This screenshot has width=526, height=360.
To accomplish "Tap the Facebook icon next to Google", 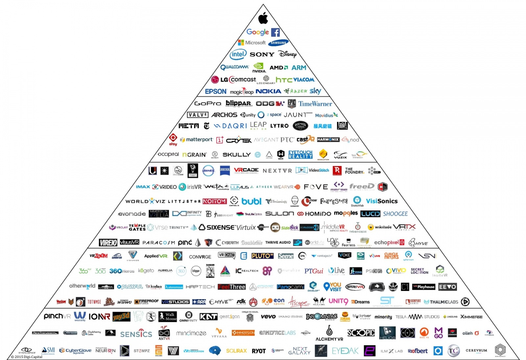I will point(275,32).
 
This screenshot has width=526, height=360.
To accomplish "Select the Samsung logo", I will point(278,43).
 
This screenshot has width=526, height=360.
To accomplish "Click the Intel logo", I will point(238,55).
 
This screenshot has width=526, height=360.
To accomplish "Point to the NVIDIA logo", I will point(259,68).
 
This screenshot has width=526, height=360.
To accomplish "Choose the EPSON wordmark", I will point(216,91).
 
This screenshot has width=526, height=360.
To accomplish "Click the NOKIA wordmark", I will point(268,91).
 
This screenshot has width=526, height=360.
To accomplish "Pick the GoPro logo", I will point(207,104).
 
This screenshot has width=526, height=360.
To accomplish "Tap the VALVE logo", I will point(198,115).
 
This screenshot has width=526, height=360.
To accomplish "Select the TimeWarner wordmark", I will point(315,104).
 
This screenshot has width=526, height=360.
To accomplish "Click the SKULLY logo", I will point(236,155).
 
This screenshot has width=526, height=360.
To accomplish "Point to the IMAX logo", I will point(143,187).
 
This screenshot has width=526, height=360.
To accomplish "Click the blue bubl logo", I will point(251,201).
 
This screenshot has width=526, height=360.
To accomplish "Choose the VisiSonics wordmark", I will point(382,201).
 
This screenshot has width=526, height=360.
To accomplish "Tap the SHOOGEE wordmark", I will point(395,214).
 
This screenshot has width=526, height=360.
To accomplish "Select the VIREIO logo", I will point(108,243).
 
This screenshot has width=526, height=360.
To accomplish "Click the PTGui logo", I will point(314,271).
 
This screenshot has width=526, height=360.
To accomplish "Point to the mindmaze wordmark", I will point(191,333).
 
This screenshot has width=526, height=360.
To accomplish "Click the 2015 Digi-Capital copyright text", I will point(27,357).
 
